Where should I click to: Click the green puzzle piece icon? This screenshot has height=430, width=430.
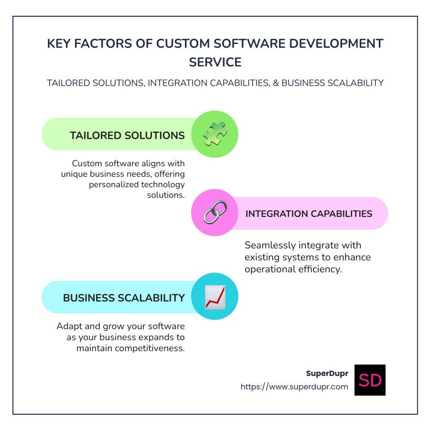click(x=215, y=134)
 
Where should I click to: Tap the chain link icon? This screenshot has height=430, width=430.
click(x=215, y=212)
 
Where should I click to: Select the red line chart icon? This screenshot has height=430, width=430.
click(x=215, y=297)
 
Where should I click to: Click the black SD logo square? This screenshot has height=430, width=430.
click(x=370, y=380)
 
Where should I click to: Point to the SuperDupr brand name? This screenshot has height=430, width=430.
click(x=327, y=373)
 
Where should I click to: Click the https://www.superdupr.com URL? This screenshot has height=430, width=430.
click(x=294, y=387)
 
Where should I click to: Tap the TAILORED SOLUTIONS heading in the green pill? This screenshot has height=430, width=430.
click(x=127, y=135)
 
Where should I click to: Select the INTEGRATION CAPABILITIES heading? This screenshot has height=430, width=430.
click(x=309, y=214)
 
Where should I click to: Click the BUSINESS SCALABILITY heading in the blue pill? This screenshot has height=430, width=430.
click(x=124, y=298)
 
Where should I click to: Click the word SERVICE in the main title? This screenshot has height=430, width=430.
click(x=215, y=62)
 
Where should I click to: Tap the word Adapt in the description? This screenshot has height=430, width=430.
click(x=68, y=326)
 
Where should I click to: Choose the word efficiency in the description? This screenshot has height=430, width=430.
click(x=321, y=269)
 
